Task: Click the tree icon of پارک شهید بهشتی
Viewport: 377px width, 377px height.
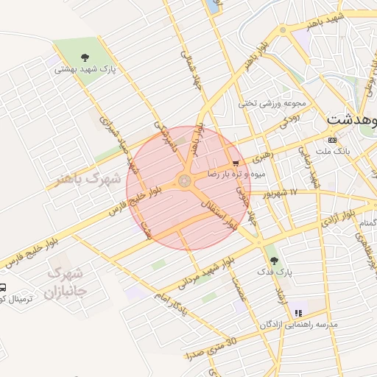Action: (x=86, y=57)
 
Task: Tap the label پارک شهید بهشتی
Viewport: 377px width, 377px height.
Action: (x=85, y=71)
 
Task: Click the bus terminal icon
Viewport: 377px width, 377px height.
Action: (x=3, y=288)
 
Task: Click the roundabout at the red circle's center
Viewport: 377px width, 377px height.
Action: (x=184, y=180)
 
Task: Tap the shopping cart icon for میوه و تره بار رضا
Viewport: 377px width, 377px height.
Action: (x=236, y=163)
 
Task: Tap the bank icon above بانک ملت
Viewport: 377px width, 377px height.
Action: (x=332, y=140)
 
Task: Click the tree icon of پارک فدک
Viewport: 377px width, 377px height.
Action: (x=275, y=260)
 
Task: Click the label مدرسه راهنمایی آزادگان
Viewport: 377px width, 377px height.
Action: (x=298, y=325)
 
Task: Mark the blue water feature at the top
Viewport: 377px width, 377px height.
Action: (x=214, y=6)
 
